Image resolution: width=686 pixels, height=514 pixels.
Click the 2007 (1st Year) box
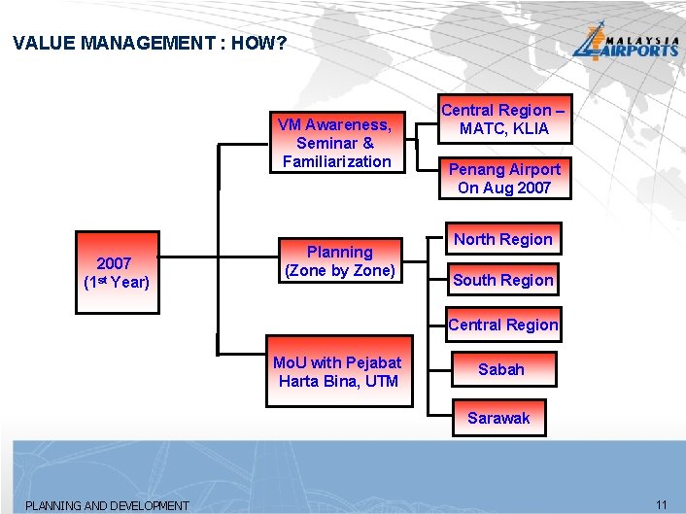pyautogui.click(x=117, y=272)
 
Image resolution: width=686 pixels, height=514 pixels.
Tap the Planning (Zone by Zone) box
pyautogui.click(x=339, y=261)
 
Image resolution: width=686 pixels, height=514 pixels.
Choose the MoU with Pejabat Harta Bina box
pyautogui.click(x=336, y=372)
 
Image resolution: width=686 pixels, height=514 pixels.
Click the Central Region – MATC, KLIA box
pyautogui.click(x=503, y=120)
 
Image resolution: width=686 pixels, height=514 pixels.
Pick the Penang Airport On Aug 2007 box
pyautogui.click(x=503, y=179)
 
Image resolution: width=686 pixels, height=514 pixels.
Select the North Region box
pyautogui.click(x=503, y=240)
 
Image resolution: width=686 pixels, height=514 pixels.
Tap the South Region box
pyautogui.click(x=503, y=280)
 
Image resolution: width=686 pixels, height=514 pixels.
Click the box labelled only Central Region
pyautogui.click(x=503, y=325)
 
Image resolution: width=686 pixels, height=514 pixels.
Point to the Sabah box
pyautogui.click(x=501, y=369)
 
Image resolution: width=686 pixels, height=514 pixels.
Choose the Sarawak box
pyautogui.click(x=498, y=418)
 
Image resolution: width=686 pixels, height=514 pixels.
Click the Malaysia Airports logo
pyautogui.click(x=624, y=43)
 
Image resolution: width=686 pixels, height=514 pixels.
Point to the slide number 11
pyautogui.click(x=662, y=504)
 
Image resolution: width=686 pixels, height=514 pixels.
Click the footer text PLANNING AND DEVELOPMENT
pyautogui.click(x=107, y=505)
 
